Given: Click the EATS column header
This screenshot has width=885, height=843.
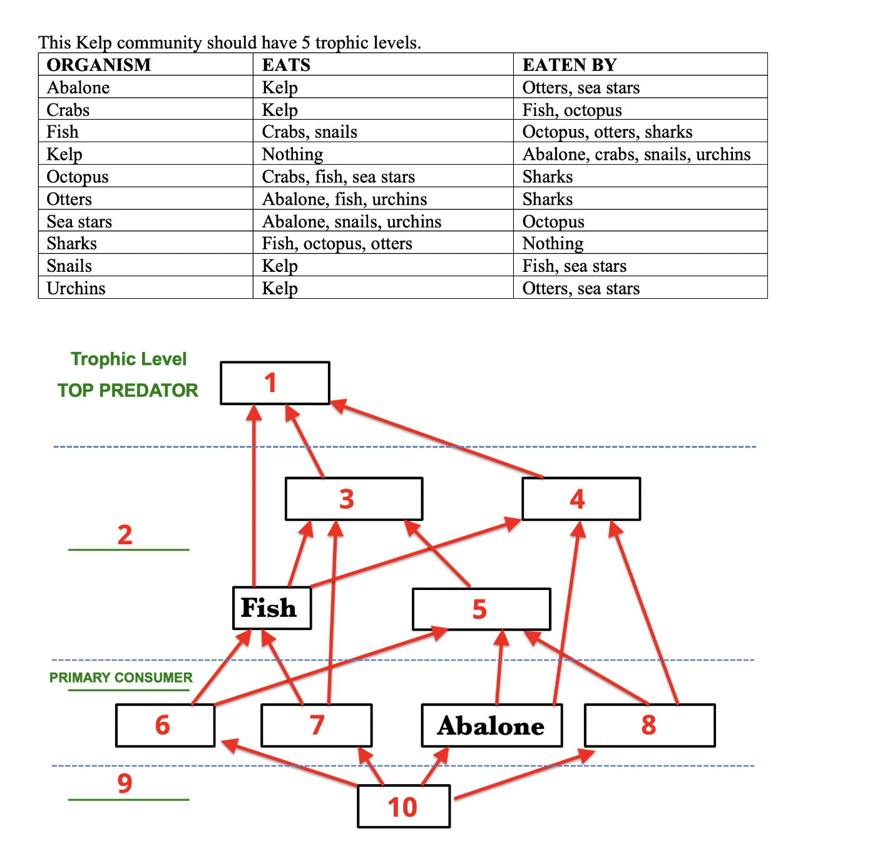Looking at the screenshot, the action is pyautogui.click(x=286, y=65).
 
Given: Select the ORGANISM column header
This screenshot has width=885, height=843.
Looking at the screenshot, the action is pyautogui.click(x=99, y=65).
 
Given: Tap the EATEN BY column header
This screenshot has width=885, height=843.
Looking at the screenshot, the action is pyautogui.click(x=570, y=65).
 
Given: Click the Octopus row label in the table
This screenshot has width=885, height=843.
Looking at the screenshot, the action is pyautogui.click(x=78, y=177).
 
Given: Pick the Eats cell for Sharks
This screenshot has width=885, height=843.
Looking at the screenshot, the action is pyautogui.click(x=337, y=243).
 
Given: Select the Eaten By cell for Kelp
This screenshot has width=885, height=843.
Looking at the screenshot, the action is pyautogui.click(x=636, y=154).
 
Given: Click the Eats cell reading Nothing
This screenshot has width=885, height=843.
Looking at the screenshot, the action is pyautogui.click(x=292, y=154).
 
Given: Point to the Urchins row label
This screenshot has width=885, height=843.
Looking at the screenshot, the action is pyautogui.click(x=76, y=288).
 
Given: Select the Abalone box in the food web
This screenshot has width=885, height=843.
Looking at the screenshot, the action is pyautogui.click(x=491, y=725).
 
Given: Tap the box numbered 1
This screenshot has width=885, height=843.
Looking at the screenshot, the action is pyautogui.click(x=275, y=383).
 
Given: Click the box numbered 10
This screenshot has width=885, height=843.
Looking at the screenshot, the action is pyautogui.click(x=403, y=807).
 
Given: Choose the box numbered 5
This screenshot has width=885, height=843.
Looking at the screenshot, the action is pyautogui.click(x=481, y=609).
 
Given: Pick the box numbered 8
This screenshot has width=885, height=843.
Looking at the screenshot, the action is pyautogui.click(x=649, y=725).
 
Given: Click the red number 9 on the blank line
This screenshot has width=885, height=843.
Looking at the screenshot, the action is pyautogui.click(x=125, y=783).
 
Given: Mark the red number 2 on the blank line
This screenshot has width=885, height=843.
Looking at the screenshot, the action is pyautogui.click(x=125, y=535).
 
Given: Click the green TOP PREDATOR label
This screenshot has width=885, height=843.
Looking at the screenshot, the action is pyautogui.click(x=128, y=390).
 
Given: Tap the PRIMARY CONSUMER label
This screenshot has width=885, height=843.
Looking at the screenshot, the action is pyautogui.click(x=121, y=678).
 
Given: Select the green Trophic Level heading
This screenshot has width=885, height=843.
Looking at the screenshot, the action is pyautogui.click(x=128, y=359).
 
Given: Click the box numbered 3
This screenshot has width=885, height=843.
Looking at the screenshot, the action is pyautogui.click(x=353, y=499).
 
